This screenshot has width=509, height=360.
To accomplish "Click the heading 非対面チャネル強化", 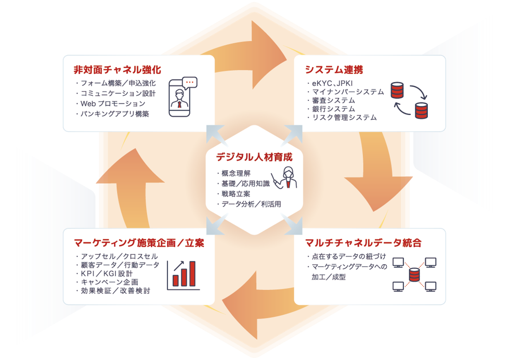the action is pyautogui.click(x=117, y=70).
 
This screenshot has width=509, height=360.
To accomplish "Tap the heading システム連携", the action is pyautogui.click(x=334, y=70).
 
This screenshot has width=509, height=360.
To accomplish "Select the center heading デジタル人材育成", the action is pyautogui.click(x=254, y=157).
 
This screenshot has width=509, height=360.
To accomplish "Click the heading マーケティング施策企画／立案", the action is pyautogui.click(x=139, y=243).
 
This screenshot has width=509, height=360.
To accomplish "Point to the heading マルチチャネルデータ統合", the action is pyautogui.click(x=363, y=243).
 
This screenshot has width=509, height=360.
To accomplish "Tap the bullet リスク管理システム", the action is pyautogui.click(x=342, y=118).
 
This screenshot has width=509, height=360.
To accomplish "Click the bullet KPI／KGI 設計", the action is pyautogui.click(x=104, y=274).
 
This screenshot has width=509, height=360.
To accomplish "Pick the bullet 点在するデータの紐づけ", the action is pyautogui.click(x=346, y=256).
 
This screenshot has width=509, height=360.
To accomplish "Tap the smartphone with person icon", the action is pyautogui.click(x=179, y=98).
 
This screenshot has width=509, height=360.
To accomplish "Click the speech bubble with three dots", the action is pyautogui.click(x=190, y=83).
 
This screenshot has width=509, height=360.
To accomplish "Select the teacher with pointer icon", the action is pyautogui.click(x=284, y=178).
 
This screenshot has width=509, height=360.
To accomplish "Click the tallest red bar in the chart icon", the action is pyautogui.click(x=192, y=274).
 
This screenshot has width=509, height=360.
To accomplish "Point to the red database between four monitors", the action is pyautogui.click(x=414, y=275).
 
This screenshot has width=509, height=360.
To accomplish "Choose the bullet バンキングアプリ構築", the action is pyautogui.click(x=112, y=114).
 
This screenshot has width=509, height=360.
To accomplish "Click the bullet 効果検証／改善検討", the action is pyautogui.click(x=113, y=291).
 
